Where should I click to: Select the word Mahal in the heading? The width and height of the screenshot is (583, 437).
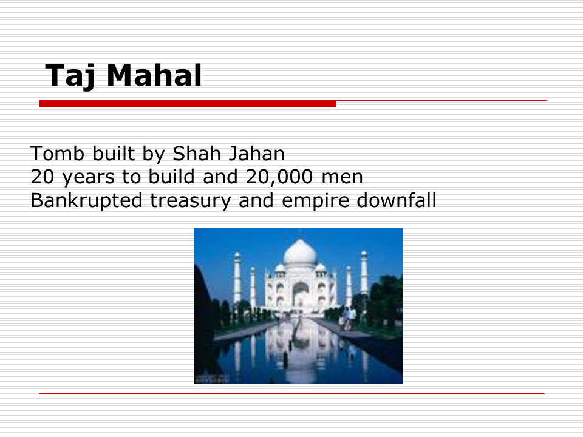[x=154, y=75]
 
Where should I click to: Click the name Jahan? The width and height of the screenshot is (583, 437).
[x=256, y=154]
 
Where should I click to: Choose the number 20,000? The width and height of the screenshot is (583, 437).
[x=279, y=177]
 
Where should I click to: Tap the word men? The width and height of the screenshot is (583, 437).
[x=342, y=178]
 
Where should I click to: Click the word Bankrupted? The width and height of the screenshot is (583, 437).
[x=87, y=201]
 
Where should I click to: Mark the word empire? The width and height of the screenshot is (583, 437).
[x=315, y=201]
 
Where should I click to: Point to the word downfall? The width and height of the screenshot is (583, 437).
[x=397, y=200]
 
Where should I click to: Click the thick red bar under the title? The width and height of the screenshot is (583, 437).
[x=188, y=104]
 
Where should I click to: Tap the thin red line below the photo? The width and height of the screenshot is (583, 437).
[x=292, y=393]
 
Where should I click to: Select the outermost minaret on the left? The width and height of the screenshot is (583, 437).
[x=237, y=279]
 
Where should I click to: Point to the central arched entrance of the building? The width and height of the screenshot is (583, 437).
[x=301, y=294]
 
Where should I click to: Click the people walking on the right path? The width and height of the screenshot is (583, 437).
[x=348, y=318]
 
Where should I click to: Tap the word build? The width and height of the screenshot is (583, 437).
[x=171, y=177]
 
